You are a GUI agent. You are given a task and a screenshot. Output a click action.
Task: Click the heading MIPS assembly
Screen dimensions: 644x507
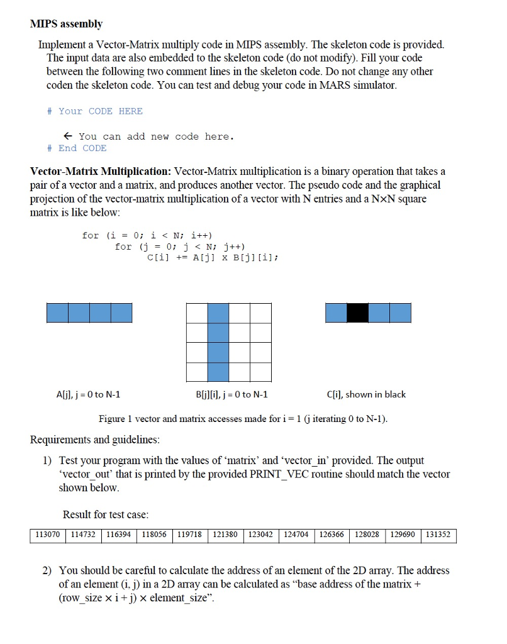[66, 24]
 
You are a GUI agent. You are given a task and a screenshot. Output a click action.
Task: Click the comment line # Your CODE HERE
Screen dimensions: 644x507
[95, 111]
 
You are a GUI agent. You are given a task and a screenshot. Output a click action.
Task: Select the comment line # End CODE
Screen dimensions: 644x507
[77, 148]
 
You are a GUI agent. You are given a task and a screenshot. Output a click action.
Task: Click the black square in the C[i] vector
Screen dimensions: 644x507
[357, 313]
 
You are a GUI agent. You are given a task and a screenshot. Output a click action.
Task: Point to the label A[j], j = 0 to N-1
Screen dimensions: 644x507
[89, 395]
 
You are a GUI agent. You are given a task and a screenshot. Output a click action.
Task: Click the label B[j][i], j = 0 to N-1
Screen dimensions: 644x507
[228, 395]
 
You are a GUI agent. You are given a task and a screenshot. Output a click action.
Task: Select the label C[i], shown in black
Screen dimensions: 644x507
[366, 395]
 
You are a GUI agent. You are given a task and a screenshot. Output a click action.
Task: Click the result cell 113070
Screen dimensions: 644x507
[48, 535]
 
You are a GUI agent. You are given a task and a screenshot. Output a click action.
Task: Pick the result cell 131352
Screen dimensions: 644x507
[438, 535]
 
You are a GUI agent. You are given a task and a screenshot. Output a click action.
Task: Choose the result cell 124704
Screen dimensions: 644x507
[296, 535]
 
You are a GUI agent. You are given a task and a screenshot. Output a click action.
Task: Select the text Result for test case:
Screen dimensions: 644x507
[106, 515]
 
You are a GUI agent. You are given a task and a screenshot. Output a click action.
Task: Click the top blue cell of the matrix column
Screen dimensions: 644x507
[218, 313]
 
